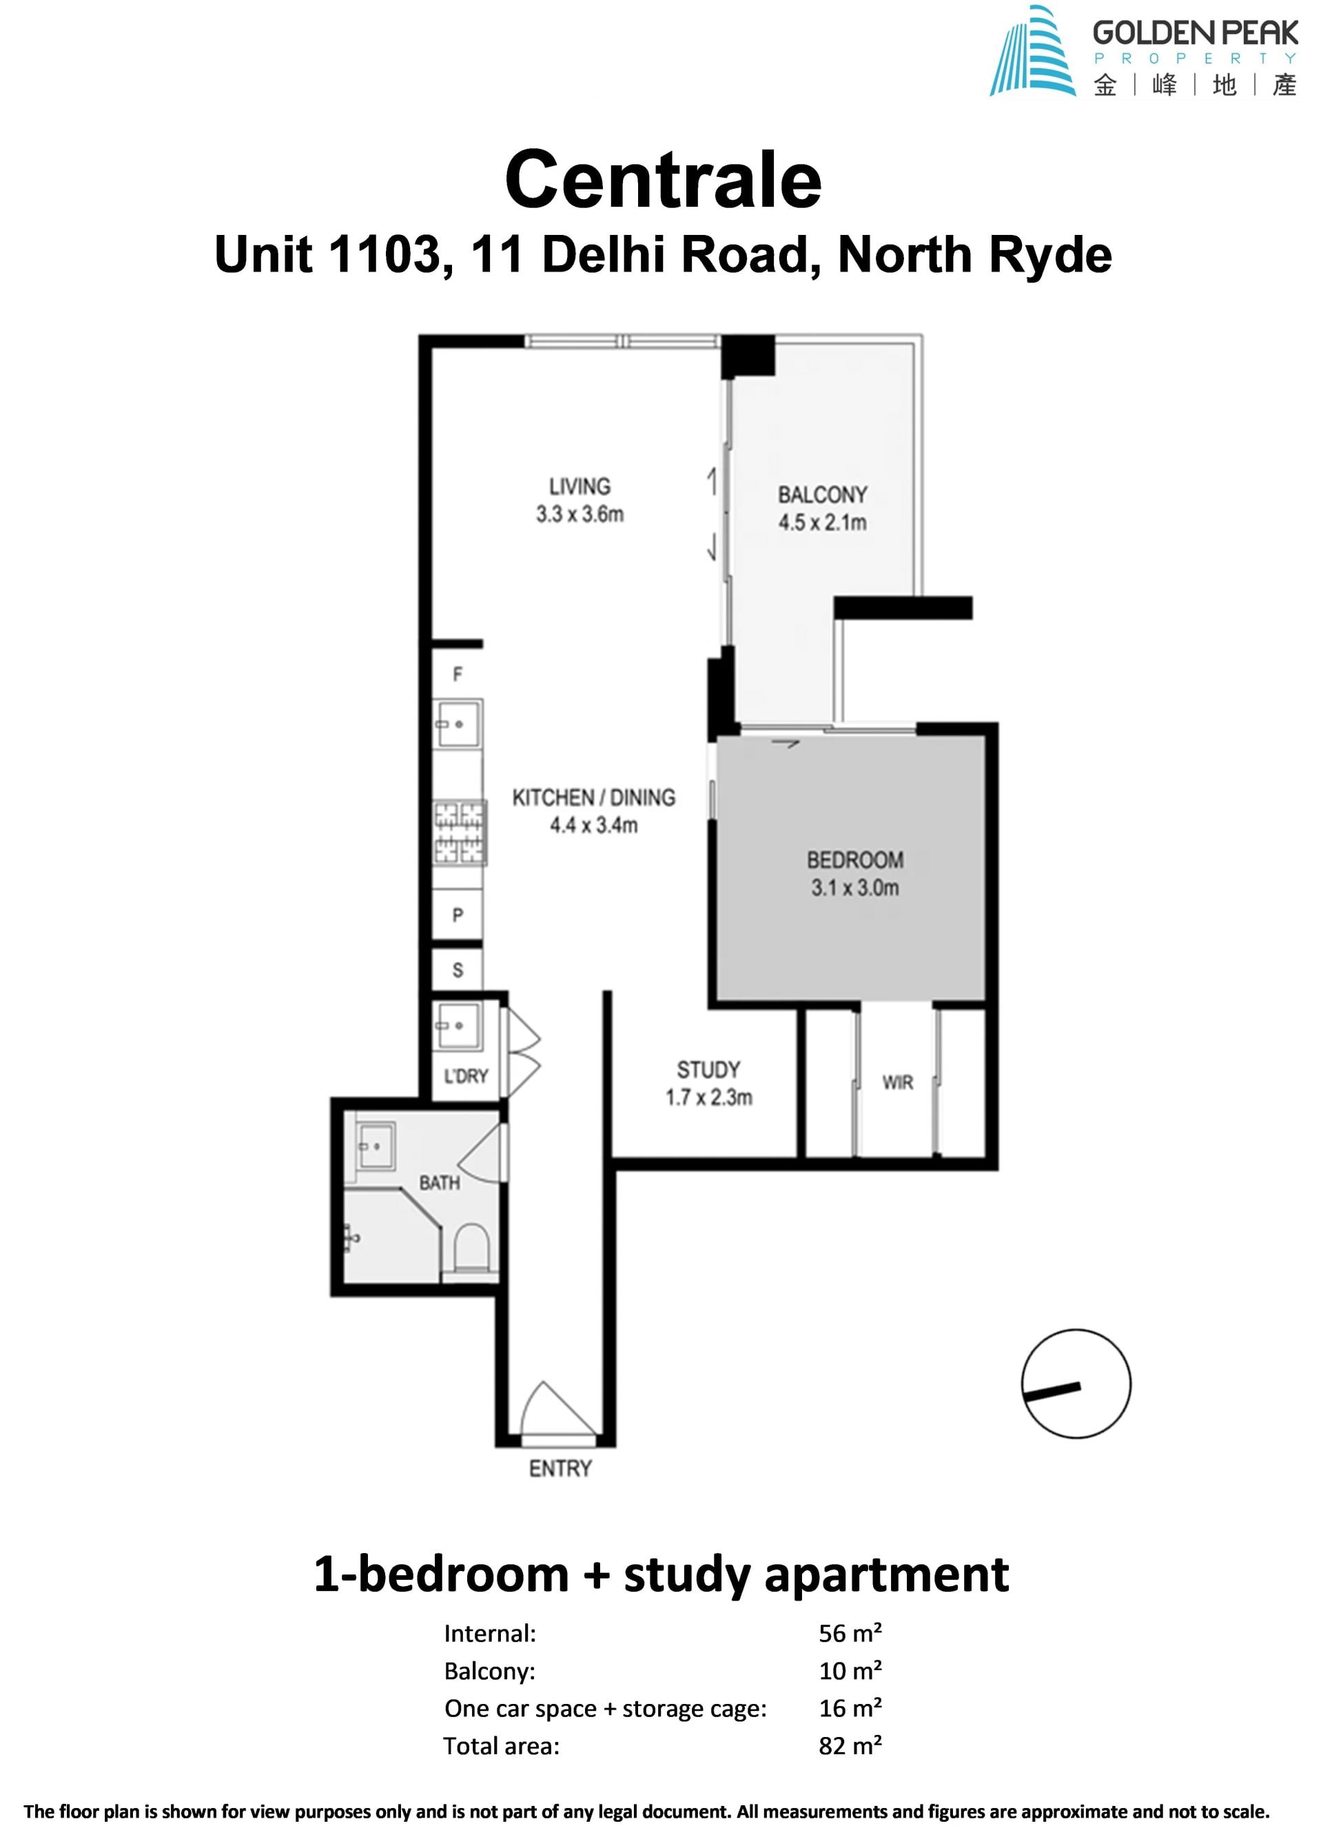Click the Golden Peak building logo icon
pyautogui.click(x=1032, y=52)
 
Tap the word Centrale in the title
pyautogui.click(x=662, y=179)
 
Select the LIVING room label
pyautogui.click(x=579, y=486)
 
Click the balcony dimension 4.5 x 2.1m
pyautogui.click(x=822, y=522)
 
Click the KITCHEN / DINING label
pyautogui.click(x=593, y=798)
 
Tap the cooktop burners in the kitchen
pyautogui.click(x=460, y=831)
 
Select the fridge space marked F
pyautogui.click(x=458, y=673)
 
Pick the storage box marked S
pyautogui.click(x=458, y=969)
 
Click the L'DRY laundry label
pyautogui.click(x=466, y=1076)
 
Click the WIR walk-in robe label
pyautogui.click(x=897, y=1082)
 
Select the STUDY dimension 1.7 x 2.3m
pyautogui.click(x=708, y=1097)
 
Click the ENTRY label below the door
pyautogui.click(x=560, y=1468)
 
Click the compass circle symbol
pyautogui.click(x=1076, y=1384)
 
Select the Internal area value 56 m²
pyautogui.click(x=850, y=1633)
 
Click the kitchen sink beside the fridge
pyautogui.click(x=458, y=724)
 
